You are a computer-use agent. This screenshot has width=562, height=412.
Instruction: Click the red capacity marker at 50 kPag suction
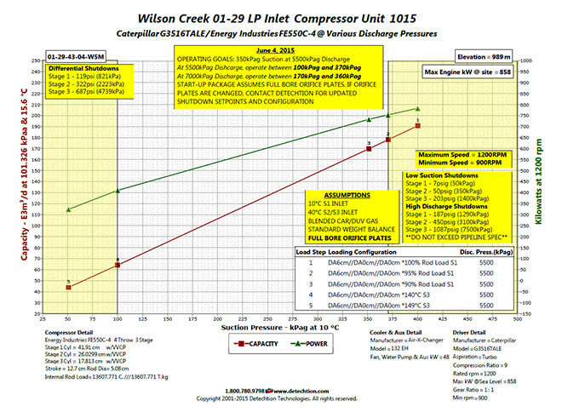68,288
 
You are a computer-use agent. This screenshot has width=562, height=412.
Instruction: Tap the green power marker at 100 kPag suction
118,191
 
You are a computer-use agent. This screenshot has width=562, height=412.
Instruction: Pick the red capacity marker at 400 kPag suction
417,126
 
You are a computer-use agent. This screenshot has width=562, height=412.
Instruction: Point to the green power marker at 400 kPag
417,108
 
